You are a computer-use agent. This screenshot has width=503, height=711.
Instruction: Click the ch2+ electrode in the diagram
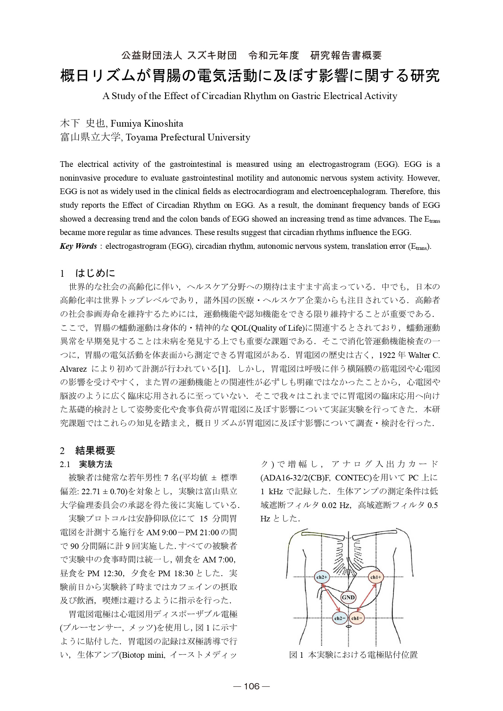click(322, 577)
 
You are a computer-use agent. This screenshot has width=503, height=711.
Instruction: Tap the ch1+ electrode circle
click(376, 577)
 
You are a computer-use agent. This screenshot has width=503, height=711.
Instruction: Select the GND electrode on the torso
click(348, 597)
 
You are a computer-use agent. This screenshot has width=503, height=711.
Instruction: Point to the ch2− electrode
click(339, 618)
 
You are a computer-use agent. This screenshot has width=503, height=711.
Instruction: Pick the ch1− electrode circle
click(357, 618)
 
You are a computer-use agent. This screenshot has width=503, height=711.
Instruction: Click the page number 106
click(251, 686)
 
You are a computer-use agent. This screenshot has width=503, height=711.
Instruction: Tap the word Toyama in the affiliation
click(142, 137)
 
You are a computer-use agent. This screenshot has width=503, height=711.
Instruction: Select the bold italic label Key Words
click(78, 246)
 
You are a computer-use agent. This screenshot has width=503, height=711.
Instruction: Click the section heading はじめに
click(95, 273)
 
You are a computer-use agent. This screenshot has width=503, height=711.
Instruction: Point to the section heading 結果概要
click(95, 451)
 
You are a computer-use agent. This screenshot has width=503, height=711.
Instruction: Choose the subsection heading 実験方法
click(96, 464)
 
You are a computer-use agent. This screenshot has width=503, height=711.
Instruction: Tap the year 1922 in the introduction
click(387, 355)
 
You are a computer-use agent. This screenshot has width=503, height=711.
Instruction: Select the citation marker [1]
click(224, 369)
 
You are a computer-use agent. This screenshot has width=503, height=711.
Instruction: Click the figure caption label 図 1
click(297, 655)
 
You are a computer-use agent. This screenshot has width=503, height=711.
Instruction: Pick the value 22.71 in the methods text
click(91, 492)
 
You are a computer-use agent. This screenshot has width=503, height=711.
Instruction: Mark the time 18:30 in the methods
click(183, 574)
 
